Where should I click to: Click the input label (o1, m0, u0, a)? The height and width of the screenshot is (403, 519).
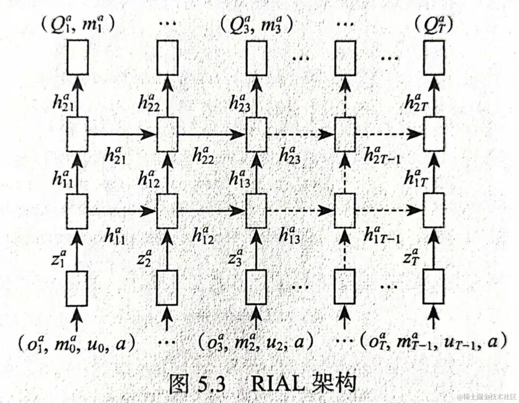tap(76, 343)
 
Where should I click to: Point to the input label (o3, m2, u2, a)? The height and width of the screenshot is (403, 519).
tap(255, 343)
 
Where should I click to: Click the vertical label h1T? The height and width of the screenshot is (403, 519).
tap(415, 178)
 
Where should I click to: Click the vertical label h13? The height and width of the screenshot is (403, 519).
tap(239, 178)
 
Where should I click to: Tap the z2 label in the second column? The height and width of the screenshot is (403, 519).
tap(144, 257)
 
